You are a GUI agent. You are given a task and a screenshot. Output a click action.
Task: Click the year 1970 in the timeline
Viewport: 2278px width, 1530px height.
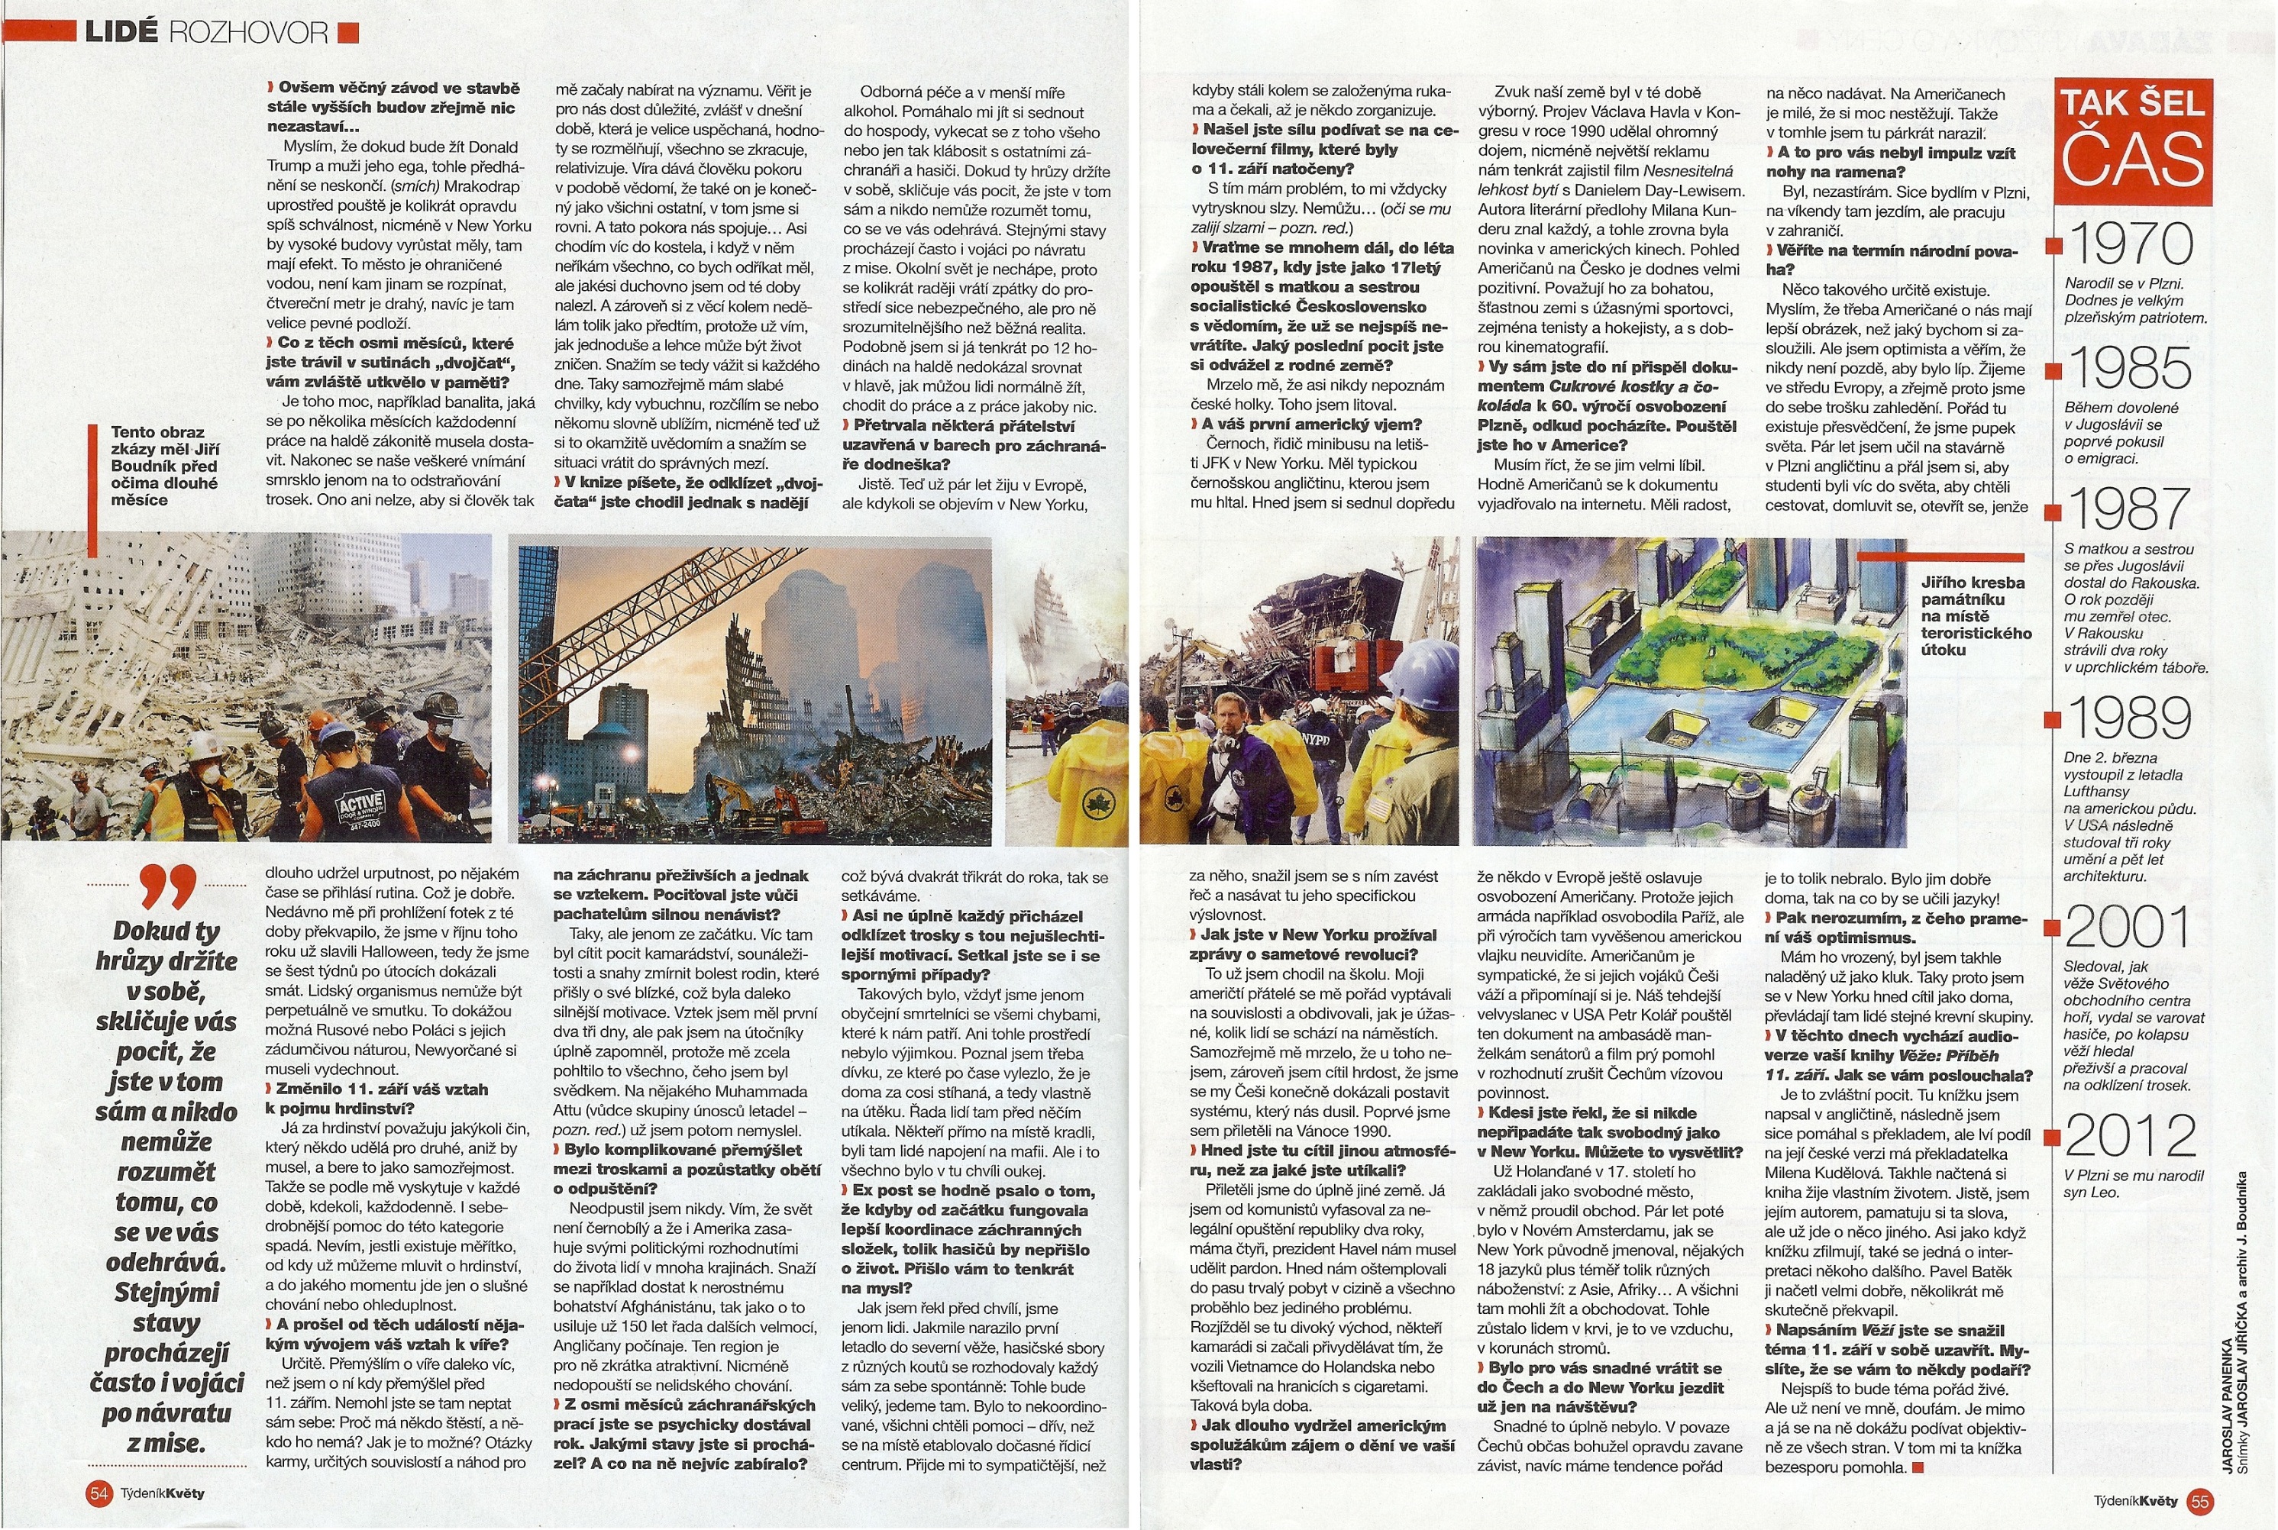(2130, 244)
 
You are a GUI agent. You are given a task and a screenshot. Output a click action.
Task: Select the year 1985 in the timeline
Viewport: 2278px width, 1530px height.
(2130, 368)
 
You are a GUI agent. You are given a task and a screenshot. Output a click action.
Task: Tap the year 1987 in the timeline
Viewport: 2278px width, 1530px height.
(2130, 508)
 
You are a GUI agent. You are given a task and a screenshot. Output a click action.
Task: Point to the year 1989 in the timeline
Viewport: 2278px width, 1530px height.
(2130, 718)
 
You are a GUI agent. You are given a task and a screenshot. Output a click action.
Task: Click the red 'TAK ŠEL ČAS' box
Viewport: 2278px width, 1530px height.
(2133, 141)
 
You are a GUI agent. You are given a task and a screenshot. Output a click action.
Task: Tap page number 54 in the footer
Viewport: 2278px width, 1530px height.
(99, 1493)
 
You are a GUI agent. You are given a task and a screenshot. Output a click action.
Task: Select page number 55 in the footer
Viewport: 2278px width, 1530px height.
(2200, 1501)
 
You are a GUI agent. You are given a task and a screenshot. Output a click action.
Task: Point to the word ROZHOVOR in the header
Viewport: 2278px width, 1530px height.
(249, 32)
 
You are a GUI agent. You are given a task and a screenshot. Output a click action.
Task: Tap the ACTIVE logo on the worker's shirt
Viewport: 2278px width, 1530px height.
(358, 807)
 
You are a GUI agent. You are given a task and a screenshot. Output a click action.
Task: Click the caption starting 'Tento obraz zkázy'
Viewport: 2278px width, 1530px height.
(164, 466)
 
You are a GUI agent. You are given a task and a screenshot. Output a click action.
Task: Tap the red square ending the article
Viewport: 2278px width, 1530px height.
(1918, 1467)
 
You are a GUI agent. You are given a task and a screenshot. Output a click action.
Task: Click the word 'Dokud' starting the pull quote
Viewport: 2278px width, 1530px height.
(152, 931)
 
